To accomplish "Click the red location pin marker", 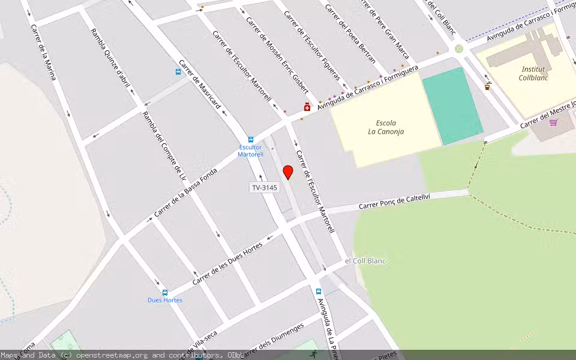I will tap(288, 172).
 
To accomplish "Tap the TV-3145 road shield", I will tap(264, 188).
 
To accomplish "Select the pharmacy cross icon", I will tap(307, 107).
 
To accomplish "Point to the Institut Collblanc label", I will tap(533, 73).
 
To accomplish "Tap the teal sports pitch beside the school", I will tap(452, 106).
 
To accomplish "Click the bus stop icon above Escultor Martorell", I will tap(251, 139).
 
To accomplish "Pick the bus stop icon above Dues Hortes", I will tap(165, 293).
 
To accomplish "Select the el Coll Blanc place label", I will tap(365, 261).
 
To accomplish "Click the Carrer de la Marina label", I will tap(43, 52).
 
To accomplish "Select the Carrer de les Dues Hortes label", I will tap(227, 263).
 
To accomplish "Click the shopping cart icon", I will tap(553, 122).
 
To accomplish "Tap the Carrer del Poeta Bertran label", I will tap(350, 34).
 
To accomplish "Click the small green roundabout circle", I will tap(459, 49).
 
